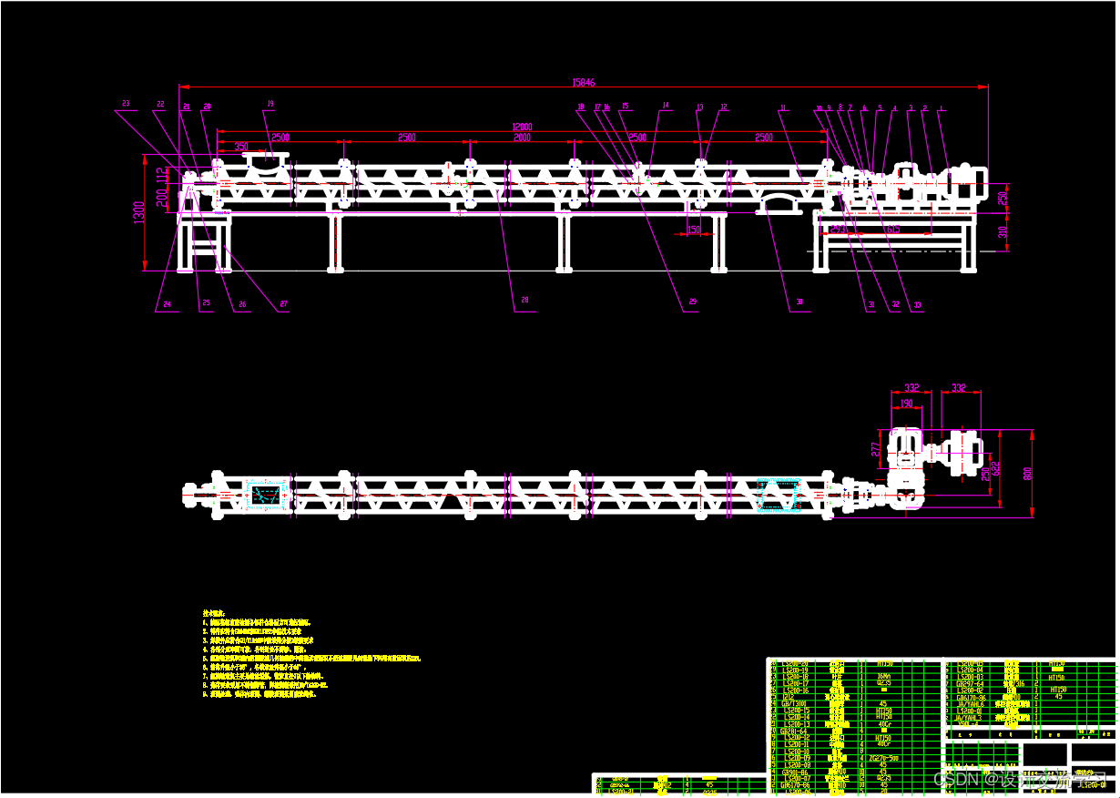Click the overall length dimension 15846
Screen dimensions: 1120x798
tap(584, 82)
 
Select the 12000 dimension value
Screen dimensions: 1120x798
tap(522, 127)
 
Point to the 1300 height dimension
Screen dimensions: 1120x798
tap(138, 212)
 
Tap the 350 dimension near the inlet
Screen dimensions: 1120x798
tap(241, 146)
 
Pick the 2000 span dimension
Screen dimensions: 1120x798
tap(522, 138)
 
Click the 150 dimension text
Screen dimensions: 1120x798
tap(694, 230)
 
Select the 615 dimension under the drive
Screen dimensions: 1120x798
tap(892, 230)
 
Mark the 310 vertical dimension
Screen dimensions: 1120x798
tap(1003, 232)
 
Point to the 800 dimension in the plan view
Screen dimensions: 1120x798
tap(1029, 474)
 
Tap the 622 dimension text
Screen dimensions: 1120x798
tap(997, 469)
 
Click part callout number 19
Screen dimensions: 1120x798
tap(270, 103)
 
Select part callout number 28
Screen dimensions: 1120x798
tap(524, 300)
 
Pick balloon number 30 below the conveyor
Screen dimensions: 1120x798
tap(799, 301)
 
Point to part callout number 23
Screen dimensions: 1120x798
tap(126, 103)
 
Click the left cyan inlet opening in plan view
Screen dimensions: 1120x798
tap(265, 495)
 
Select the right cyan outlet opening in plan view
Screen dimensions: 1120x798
tap(777, 495)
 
